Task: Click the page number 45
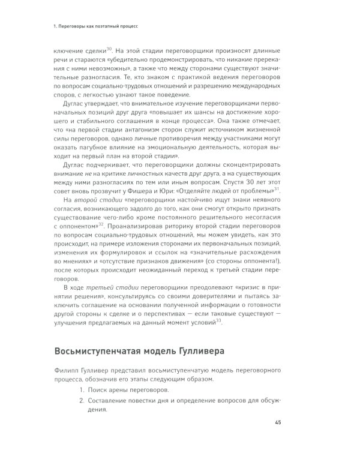click(278, 424)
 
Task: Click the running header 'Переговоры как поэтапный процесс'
click(99, 26)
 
